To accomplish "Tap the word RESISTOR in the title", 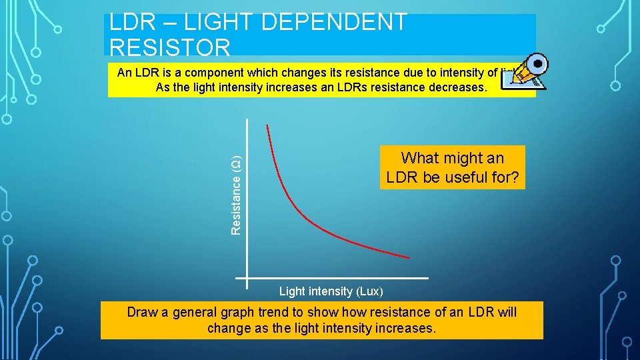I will [170, 47].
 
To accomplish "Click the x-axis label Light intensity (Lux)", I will [331, 291].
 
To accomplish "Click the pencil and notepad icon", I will [527, 72].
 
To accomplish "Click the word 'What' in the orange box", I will [419, 158].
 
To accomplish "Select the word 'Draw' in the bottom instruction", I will [142, 312].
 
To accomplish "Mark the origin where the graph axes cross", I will [247, 277].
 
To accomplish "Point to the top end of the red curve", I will [267, 126].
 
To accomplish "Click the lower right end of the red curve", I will [408, 257].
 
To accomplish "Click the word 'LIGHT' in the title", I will [219, 22].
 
